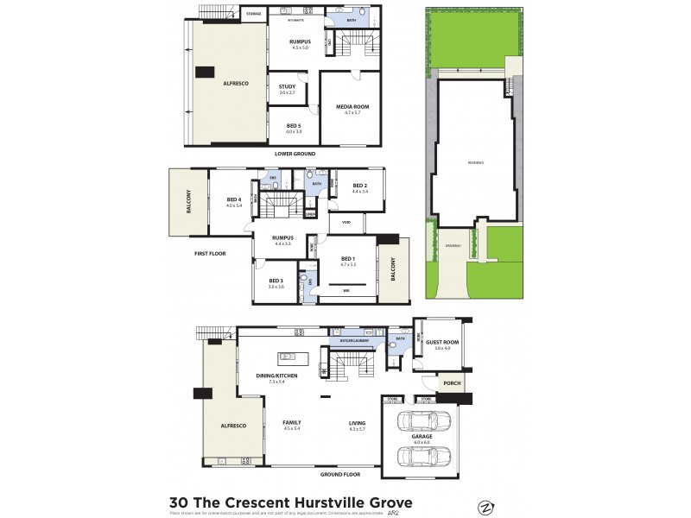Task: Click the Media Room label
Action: [351, 107]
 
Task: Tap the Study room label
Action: [288, 86]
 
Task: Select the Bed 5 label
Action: [294, 126]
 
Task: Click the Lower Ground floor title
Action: [295, 154]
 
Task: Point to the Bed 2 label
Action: [360, 185]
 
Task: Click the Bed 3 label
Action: [276, 281]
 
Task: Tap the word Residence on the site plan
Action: [476, 162]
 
